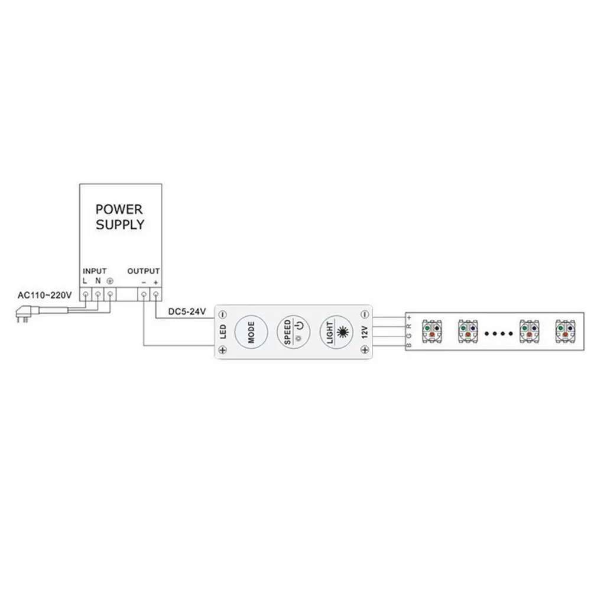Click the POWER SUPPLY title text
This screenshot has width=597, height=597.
coord(119,217)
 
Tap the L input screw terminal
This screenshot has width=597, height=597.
coord(86,294)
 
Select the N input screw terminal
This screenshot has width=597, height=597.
coord(98,294)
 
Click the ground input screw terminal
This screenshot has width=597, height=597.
coord(109,294)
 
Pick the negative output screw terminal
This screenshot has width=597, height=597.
coord(144,294)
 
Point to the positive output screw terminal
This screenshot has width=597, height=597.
coord(155,294)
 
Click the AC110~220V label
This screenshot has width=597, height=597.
coord(44,294)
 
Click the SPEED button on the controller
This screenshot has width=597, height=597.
coord(294,332)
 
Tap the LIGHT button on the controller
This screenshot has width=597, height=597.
coord(336,332)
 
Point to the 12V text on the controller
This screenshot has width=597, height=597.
coord(364,332)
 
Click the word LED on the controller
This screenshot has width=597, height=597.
coord(223,332)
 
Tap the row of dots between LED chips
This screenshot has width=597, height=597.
coord(498,333)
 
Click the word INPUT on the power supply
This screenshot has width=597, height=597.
coord(95,271)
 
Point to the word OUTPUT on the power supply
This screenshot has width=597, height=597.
coord(144,271)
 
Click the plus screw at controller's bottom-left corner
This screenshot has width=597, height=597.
coord(223,351)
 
